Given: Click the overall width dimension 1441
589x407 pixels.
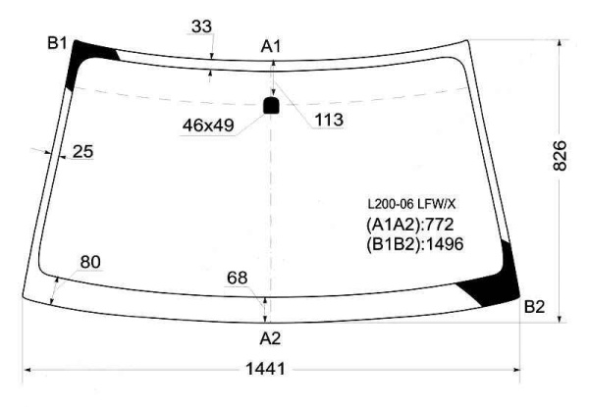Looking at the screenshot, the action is point(265,369).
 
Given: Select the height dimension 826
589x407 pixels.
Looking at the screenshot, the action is point(560,156).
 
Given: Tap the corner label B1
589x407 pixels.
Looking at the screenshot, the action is point(57,43).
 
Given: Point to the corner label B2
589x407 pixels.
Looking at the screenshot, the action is point(534,307).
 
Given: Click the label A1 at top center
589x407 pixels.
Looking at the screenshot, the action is point(271,47).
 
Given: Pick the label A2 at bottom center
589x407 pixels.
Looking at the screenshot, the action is point(270,338).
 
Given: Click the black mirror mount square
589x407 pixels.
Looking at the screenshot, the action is point(271,105).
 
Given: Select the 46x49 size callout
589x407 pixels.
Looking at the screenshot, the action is point(208,125).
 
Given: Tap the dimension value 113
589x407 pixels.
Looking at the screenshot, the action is point(329,120).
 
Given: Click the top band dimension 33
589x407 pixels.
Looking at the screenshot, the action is point(201,26).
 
